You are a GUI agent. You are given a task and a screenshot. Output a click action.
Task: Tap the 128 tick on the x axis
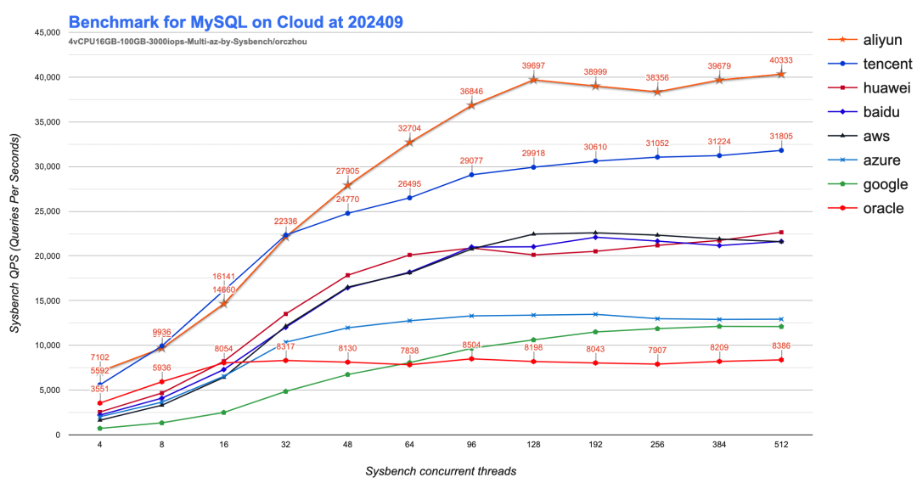point(533,443)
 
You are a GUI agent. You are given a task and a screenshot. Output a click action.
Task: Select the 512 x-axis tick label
point(781,443)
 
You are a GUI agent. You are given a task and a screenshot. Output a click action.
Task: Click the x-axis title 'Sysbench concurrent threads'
point(441,470)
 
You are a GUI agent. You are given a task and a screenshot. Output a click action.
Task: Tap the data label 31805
point(781,136)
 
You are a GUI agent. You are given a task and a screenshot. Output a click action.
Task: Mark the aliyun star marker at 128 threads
point(533,80)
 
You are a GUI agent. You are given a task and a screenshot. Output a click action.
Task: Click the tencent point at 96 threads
point(471,175)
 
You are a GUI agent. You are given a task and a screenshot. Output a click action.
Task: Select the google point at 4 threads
point(100,428)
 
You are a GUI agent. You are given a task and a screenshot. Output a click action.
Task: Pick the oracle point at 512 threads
point(781,360)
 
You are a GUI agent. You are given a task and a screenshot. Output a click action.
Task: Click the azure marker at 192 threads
point(595,314)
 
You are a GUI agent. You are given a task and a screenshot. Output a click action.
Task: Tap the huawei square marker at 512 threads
point(781,232)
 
